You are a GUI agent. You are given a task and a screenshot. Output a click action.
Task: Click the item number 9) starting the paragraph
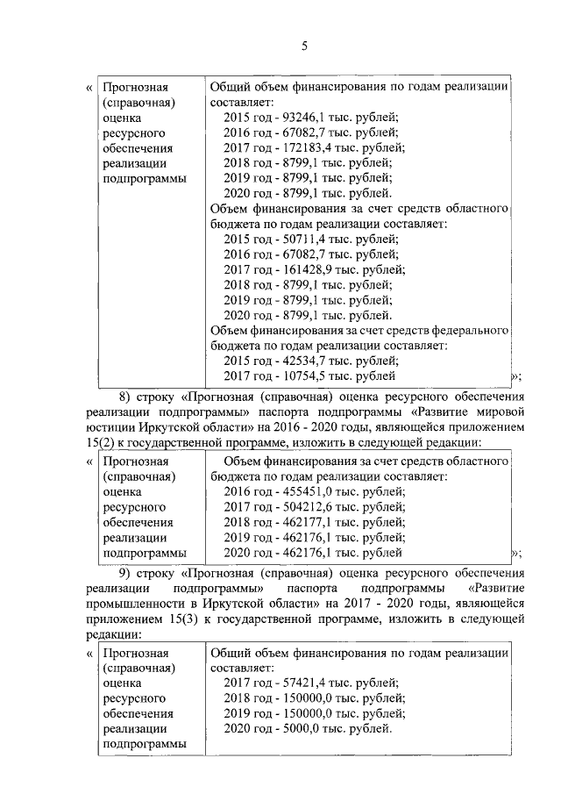point(126,572)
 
